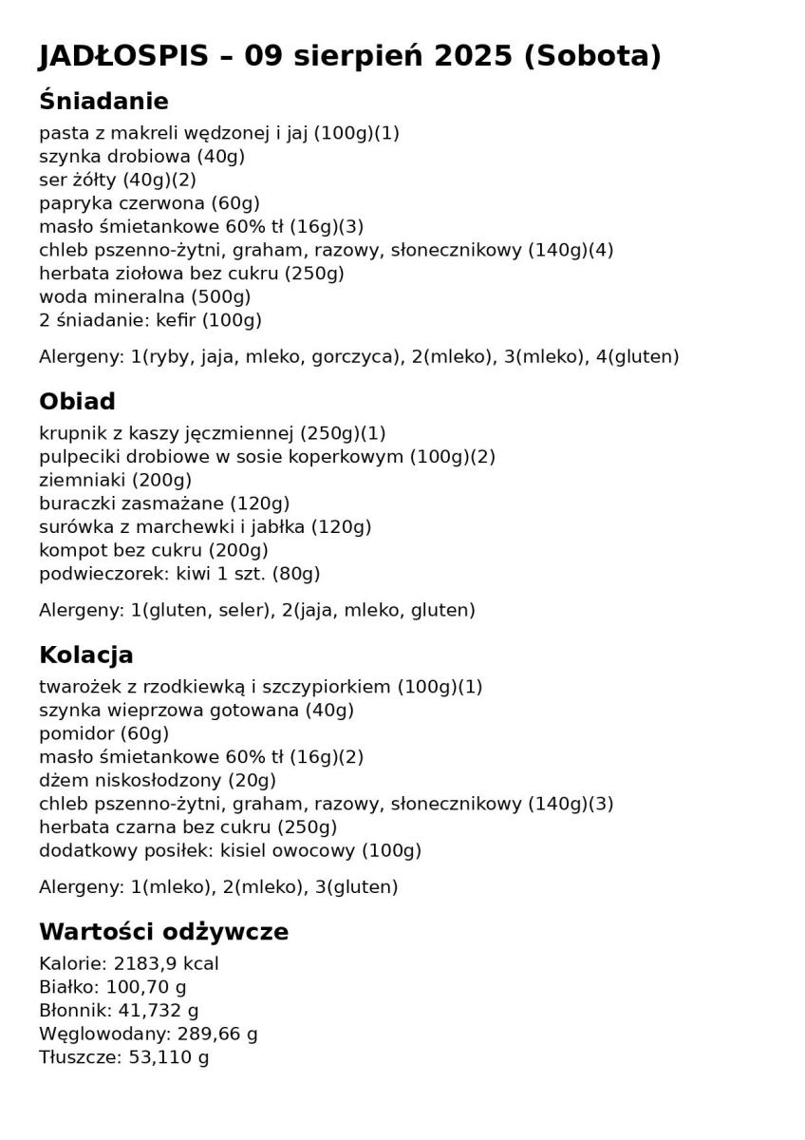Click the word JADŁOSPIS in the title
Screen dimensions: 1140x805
point(123,56)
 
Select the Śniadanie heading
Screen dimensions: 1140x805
point(103,102)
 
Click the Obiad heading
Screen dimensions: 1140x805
point(77,402)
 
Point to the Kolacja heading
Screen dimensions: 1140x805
point(85,655)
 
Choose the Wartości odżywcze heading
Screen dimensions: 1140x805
point(163,932)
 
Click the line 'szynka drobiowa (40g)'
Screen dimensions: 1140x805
point(141,157)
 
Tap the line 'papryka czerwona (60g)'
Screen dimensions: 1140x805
point(149,203)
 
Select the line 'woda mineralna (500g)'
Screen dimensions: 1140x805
point(144,297)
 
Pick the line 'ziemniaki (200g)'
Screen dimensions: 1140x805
point(115,480)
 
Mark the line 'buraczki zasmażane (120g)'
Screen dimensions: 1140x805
point(164,503)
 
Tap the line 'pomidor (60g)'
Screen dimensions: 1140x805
point(103,733)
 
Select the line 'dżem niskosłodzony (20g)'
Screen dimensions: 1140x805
point(158,780)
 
